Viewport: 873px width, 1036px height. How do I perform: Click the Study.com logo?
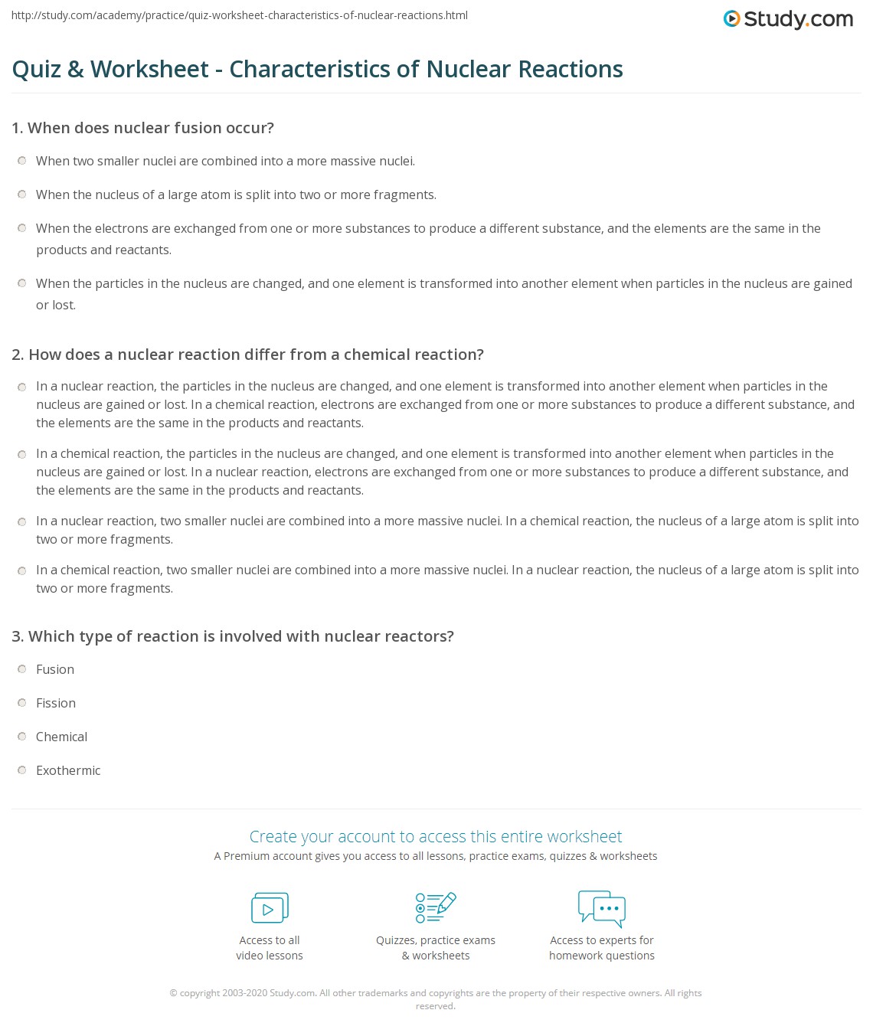788,19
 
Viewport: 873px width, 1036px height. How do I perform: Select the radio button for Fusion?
22,669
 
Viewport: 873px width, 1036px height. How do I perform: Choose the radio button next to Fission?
22,703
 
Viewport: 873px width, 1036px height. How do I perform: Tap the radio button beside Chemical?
22,737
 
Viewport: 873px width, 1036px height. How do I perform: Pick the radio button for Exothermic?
22,770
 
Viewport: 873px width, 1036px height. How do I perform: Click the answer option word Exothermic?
68,770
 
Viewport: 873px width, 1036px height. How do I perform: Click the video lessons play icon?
270,908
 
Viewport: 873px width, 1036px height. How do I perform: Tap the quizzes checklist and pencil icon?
436,907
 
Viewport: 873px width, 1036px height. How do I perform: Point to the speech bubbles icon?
602,908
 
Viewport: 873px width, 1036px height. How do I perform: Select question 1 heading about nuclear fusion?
142,128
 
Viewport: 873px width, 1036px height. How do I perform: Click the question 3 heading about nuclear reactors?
233,636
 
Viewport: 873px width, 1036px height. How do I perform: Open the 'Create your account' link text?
436,836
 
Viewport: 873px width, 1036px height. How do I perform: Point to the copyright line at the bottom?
436,993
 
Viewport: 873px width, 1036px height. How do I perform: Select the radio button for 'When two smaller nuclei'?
22,161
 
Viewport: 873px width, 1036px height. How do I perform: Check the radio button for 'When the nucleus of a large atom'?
22,194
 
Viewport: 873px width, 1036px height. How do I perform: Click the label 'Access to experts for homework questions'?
602,948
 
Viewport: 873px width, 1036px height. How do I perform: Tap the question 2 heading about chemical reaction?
247,355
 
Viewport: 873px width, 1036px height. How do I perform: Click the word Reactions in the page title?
571,69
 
